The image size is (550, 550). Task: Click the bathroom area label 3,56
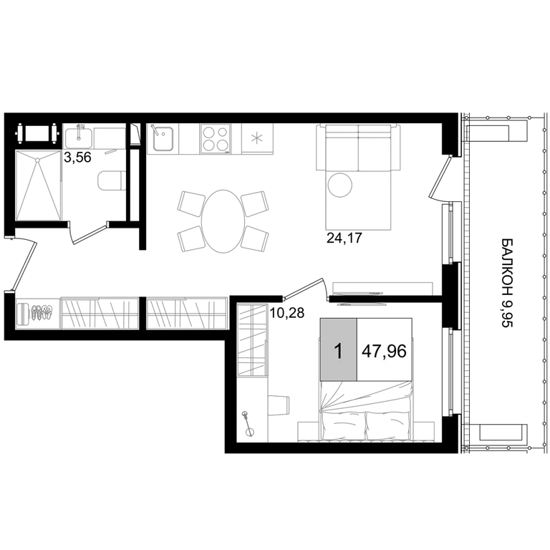(x=77, y=158)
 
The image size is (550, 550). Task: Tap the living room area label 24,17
(x=344, y=238)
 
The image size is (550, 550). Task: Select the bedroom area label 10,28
(x=286, y=312)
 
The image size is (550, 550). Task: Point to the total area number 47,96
(x=384, y=351)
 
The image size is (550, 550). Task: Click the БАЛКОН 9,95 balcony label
(x=507, y=283)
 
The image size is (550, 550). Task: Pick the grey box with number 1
(x=339, y=349)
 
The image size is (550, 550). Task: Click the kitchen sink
(x=162, y=138)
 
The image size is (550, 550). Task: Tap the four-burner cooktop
(x=216, y=138)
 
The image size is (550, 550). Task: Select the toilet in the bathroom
(x=112, y=180)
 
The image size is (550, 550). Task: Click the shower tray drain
(x=37, y=160)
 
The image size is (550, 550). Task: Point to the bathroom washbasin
(x=79, y=137)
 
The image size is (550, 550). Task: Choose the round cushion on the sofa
(x=340, y=185)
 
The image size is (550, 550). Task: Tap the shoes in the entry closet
(x=42, y=312)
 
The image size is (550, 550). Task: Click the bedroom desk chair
(x=279, y=405)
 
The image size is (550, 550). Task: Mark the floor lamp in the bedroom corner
(x=249, y=423)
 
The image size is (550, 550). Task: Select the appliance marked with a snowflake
(x=257, y=138)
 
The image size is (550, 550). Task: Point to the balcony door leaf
(x=440, y=178)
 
